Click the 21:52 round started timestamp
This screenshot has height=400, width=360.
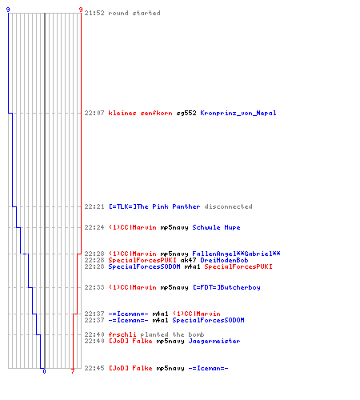94,13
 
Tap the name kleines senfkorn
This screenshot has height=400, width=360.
140,113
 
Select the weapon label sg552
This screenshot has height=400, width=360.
186,113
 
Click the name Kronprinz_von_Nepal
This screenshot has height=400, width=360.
238,113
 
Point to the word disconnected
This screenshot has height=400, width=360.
228,206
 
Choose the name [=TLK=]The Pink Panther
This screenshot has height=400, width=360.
154,206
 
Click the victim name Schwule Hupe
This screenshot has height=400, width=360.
216,227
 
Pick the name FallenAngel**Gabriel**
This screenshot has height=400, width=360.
236,254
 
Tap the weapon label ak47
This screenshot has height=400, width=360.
188,260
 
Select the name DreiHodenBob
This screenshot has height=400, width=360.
224,260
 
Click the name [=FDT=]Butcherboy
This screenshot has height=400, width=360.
226,287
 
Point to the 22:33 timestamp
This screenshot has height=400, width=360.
94,287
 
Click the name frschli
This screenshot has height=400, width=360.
122,334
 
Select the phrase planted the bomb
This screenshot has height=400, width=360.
172,334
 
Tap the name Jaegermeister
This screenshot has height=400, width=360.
214,341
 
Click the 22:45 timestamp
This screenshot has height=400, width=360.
94,368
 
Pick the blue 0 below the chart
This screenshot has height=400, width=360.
44,371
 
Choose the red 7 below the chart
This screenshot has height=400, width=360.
73,371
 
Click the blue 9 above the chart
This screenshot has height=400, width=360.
8,10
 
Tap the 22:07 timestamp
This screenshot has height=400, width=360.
94,113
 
